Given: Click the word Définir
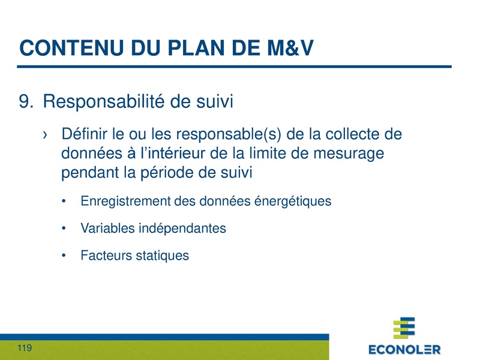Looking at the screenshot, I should coord(83,133).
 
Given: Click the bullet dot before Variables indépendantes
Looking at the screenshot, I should coord(64,229).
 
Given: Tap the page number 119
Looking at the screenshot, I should coord(25,349).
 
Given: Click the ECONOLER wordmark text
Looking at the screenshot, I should coord(404,349).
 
